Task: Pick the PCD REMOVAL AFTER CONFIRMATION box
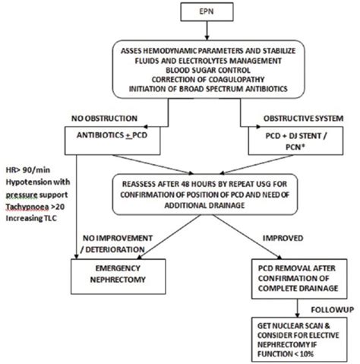tap(297, 277)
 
